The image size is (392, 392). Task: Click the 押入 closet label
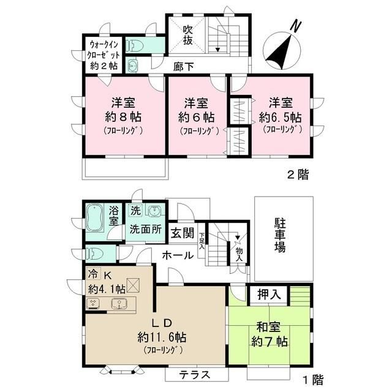(x=268, y=294)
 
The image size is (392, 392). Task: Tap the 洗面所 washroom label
(x=145, y=231)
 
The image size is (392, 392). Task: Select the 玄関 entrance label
(x=182, y=233)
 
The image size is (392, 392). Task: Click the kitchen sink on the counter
(x=118, y=303)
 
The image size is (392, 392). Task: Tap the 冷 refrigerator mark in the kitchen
(x=92, y=274)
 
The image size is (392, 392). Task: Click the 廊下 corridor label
(x=182, y=66)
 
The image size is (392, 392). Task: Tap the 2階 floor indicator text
(x=298, y=175)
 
